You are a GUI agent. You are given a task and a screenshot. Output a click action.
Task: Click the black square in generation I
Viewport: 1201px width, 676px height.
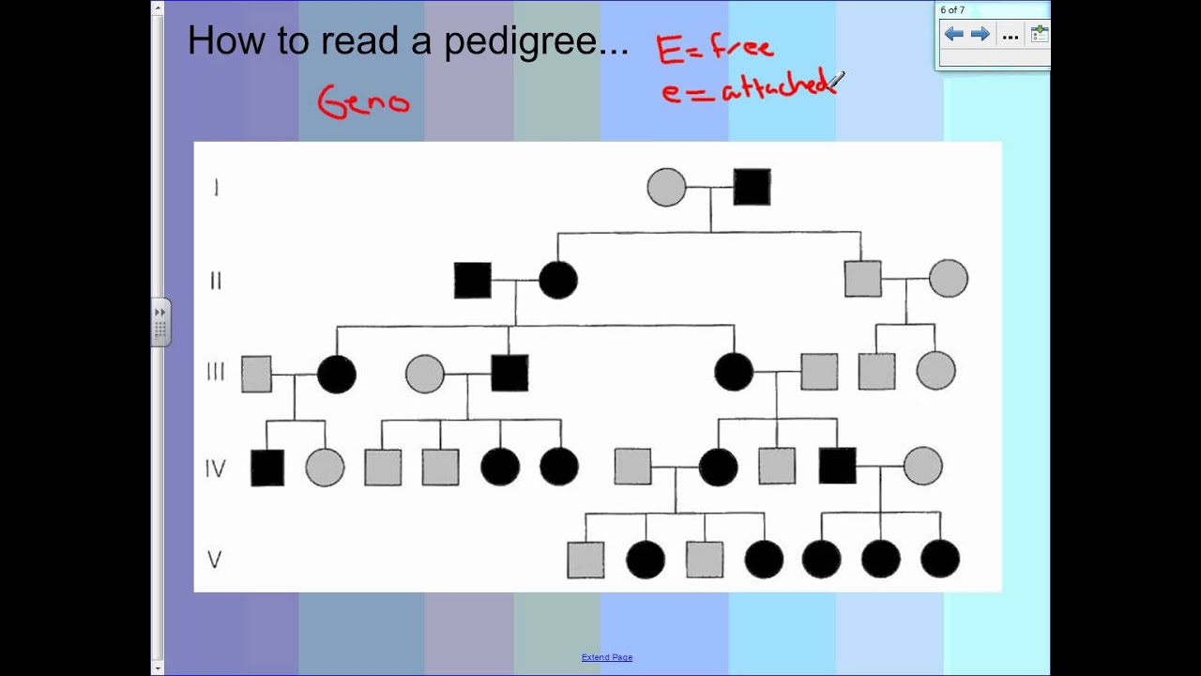tap(752, 187)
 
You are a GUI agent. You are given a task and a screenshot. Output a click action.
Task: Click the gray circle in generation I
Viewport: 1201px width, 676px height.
tap(666, 187)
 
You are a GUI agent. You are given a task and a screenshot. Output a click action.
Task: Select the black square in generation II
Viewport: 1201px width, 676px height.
tap(472, 280)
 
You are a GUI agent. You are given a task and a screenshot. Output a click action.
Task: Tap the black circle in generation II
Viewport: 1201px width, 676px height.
tap(558, 280)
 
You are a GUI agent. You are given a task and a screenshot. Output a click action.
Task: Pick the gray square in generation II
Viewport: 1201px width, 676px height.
tap(862, 279)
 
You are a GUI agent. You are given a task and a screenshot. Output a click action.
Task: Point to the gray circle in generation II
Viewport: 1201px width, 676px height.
tap(948, 279)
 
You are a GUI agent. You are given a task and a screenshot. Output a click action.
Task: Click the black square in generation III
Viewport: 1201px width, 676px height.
tap(509, 373)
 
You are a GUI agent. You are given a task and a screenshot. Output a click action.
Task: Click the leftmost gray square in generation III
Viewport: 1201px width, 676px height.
tap(256, 374)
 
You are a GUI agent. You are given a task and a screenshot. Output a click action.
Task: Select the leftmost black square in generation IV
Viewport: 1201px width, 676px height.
tap(267, 468)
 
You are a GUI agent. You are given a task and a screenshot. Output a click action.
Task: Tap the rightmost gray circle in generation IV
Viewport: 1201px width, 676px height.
tap(922, 466)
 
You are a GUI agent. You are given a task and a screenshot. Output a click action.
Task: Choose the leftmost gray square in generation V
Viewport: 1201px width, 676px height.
tap(585, 560)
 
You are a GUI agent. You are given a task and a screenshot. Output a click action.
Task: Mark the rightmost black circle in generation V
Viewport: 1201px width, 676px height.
tap(940, 559)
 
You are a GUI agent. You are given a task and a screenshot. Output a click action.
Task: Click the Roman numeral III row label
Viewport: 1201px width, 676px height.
tap(216, 373)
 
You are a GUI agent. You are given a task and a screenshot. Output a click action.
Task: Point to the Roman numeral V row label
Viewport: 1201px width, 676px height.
tap(215, 560)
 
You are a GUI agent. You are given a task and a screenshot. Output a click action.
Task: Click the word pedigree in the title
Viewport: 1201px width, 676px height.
tap(536, 42)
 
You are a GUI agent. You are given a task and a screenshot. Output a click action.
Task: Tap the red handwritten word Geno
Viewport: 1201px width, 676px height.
tap(364, 101)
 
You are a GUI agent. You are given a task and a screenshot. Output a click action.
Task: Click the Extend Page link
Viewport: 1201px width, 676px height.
tap(607, 657)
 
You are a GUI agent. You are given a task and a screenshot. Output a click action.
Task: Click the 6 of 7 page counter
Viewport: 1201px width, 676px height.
tap(952, 10)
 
